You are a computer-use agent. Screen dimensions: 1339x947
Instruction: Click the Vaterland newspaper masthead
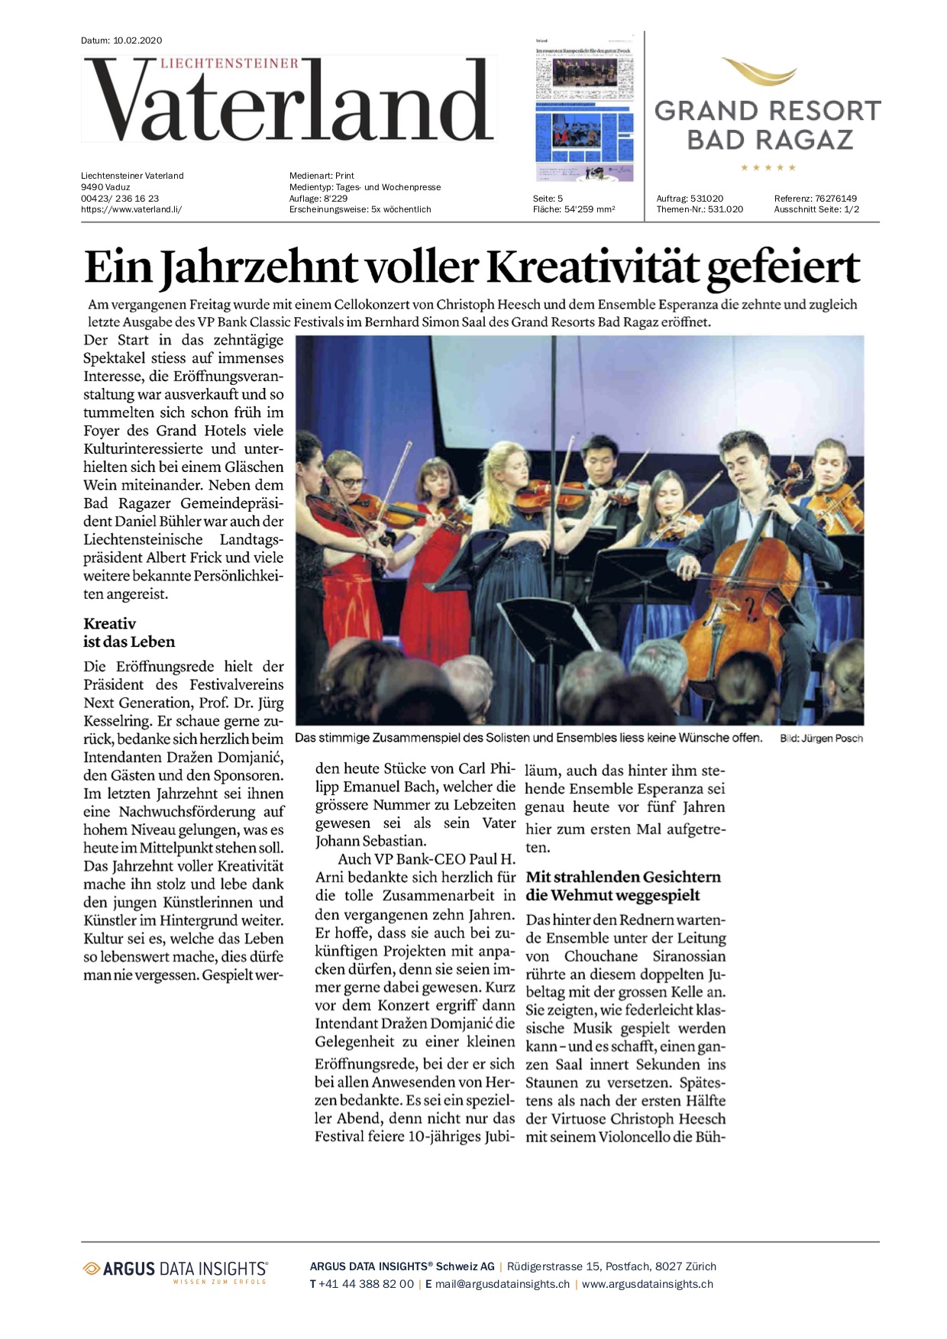tap(289, 100)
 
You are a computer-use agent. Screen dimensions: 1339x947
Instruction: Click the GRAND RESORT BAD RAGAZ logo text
tap(768, 125)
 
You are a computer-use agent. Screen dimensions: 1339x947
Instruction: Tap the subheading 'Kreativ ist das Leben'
tap(129, 632)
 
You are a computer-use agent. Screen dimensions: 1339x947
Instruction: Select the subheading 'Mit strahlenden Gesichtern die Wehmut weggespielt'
tap(622, 886)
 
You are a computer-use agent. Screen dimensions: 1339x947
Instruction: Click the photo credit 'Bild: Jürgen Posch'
tap(821, 739)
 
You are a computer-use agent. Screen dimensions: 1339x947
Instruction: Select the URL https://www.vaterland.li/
tap(131, 209)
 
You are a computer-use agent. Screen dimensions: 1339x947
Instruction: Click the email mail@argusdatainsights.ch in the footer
tap(503, 1284)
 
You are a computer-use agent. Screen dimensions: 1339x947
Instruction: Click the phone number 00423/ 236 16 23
tap(120, 199)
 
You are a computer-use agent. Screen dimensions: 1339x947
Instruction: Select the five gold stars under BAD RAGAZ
tap(768, 167)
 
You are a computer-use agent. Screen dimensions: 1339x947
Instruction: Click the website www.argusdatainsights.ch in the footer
tap(648, 1284)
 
